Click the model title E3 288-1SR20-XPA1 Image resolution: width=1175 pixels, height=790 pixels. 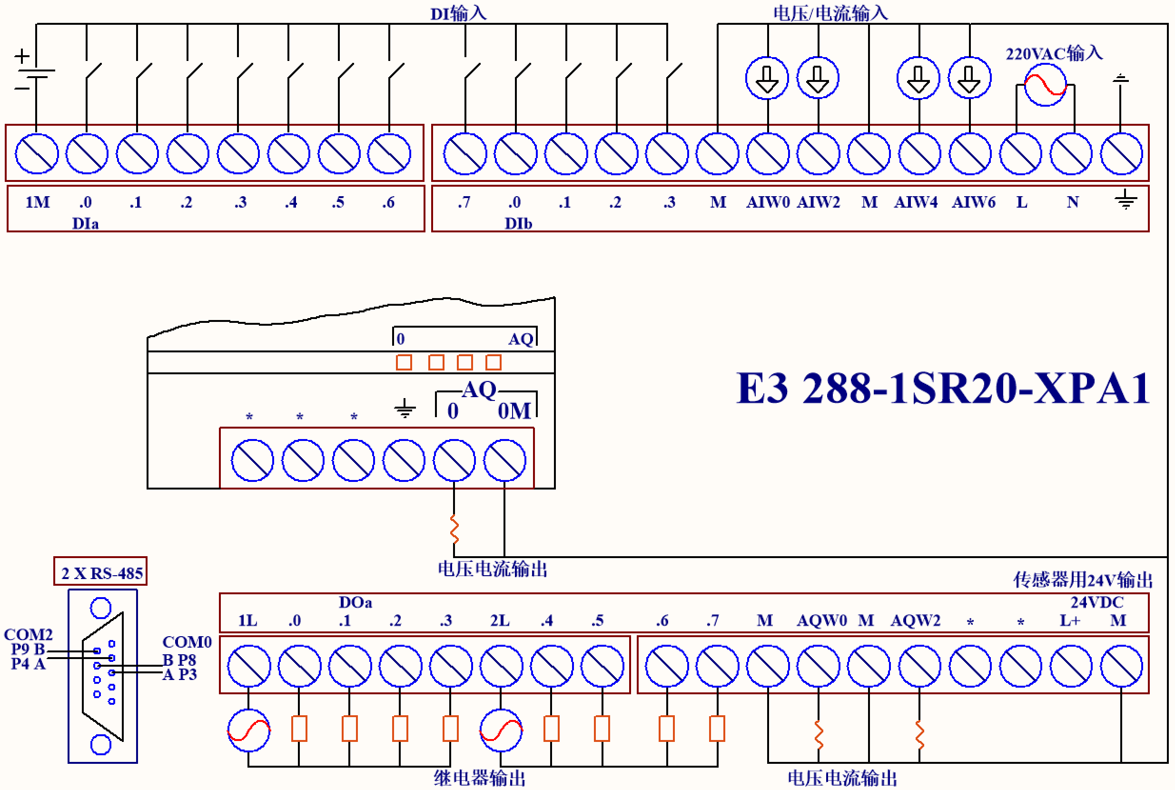[942, 389]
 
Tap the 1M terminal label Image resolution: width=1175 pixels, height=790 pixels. [38, 202]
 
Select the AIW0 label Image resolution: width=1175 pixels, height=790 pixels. [768, 202]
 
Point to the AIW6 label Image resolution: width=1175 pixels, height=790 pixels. [973, 202]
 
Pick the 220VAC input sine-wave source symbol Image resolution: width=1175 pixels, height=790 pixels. [1045, 85]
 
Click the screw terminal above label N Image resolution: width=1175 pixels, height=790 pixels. [1071, 154]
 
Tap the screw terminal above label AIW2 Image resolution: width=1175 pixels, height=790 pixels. [818, 154]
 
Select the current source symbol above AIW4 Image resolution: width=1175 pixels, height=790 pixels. [918, 78]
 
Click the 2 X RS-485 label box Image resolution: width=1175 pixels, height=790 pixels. [100, 572]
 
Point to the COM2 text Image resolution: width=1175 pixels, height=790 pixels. [28, 634]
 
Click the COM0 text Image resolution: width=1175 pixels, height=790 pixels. [187, 642]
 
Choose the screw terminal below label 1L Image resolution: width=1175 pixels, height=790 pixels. [249, 666]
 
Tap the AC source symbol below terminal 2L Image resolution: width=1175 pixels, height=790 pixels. [501, 730]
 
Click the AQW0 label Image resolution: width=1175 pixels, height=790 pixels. [821, 620]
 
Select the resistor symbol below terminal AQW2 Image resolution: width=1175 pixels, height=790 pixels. [919, 735]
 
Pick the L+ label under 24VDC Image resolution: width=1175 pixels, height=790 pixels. [1070, 620]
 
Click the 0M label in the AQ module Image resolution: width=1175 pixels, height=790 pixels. [514, 411]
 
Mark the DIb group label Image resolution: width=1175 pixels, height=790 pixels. [518, 223]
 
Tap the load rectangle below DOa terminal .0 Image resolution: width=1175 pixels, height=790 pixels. [299, 729]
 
